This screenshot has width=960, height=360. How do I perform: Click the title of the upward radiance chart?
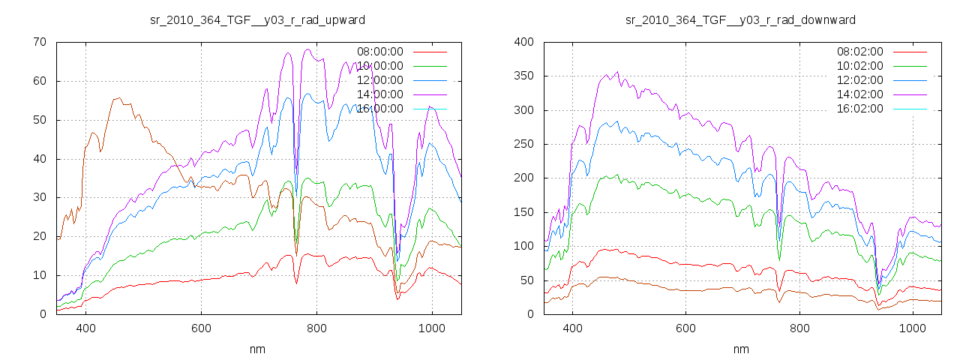click(x=258, y=19)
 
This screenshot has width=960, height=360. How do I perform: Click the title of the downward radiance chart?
click(x=740, y=19)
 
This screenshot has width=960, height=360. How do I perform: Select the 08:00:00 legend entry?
click(x=379, y=52)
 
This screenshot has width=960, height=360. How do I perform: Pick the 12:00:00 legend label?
click(x=379, y=80)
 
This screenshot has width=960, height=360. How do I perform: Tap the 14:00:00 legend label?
click(x=379, y=94)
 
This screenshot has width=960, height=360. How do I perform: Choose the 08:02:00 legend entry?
click(x=859, y=52)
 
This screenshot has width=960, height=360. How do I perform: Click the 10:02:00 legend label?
click(x=859, y=66)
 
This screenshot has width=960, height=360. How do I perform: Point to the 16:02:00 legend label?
click(x=859, y=109)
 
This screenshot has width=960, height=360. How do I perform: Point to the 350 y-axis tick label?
click(x=523, y=76)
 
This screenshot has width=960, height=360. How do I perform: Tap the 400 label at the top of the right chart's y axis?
click(x=523, y=42)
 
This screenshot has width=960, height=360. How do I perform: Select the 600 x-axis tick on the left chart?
click(x=201, y=328)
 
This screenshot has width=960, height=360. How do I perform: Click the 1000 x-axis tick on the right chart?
click(x=912, y=328)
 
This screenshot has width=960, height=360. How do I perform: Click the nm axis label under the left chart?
click(x=258, y=349)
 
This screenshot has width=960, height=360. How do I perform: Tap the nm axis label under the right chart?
click(x=740, y=349)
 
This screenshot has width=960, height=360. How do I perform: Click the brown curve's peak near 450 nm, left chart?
click(x=118, y=97)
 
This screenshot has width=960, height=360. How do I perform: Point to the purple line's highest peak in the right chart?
click(x=617, y=72)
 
